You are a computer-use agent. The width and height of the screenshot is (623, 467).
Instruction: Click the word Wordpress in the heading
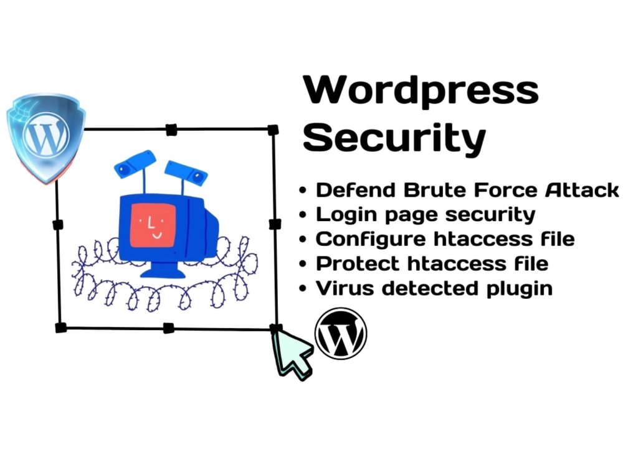[x=421, y=90]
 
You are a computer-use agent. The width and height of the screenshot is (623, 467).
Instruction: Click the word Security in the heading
[x=394, y=138]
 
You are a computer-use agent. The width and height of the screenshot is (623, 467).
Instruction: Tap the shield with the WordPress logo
[x=45, y=137]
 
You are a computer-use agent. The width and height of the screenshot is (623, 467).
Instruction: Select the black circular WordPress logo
[x=341, y=334]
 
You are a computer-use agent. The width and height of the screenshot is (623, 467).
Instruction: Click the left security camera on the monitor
[x=134, y=163]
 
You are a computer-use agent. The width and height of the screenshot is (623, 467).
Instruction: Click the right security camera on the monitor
[x=187, y=172]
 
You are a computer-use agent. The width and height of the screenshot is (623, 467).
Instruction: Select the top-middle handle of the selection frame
[x=171, y=130]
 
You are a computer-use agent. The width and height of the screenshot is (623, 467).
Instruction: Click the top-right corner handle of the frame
[x=273, y=130]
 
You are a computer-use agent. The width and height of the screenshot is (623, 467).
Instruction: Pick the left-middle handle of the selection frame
[x=58, y=225]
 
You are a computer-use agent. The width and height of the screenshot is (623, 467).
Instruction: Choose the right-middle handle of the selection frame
[x=274, y=224]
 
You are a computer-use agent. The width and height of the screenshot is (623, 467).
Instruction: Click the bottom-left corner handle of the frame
[x=60, y=328]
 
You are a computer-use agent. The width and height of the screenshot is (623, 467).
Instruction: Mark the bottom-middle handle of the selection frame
[x=168, y=328]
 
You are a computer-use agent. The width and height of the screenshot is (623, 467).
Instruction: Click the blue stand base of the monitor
[x=162, y=271]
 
